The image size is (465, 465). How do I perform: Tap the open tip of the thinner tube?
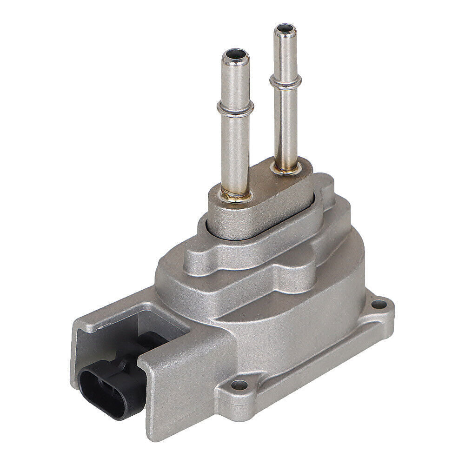[x=285, y=31]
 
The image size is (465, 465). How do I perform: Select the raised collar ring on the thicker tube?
[x=235, y=109]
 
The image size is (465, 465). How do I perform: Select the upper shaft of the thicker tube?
[x=236, y=84]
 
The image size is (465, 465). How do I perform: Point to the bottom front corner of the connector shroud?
[x=153, y=435]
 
